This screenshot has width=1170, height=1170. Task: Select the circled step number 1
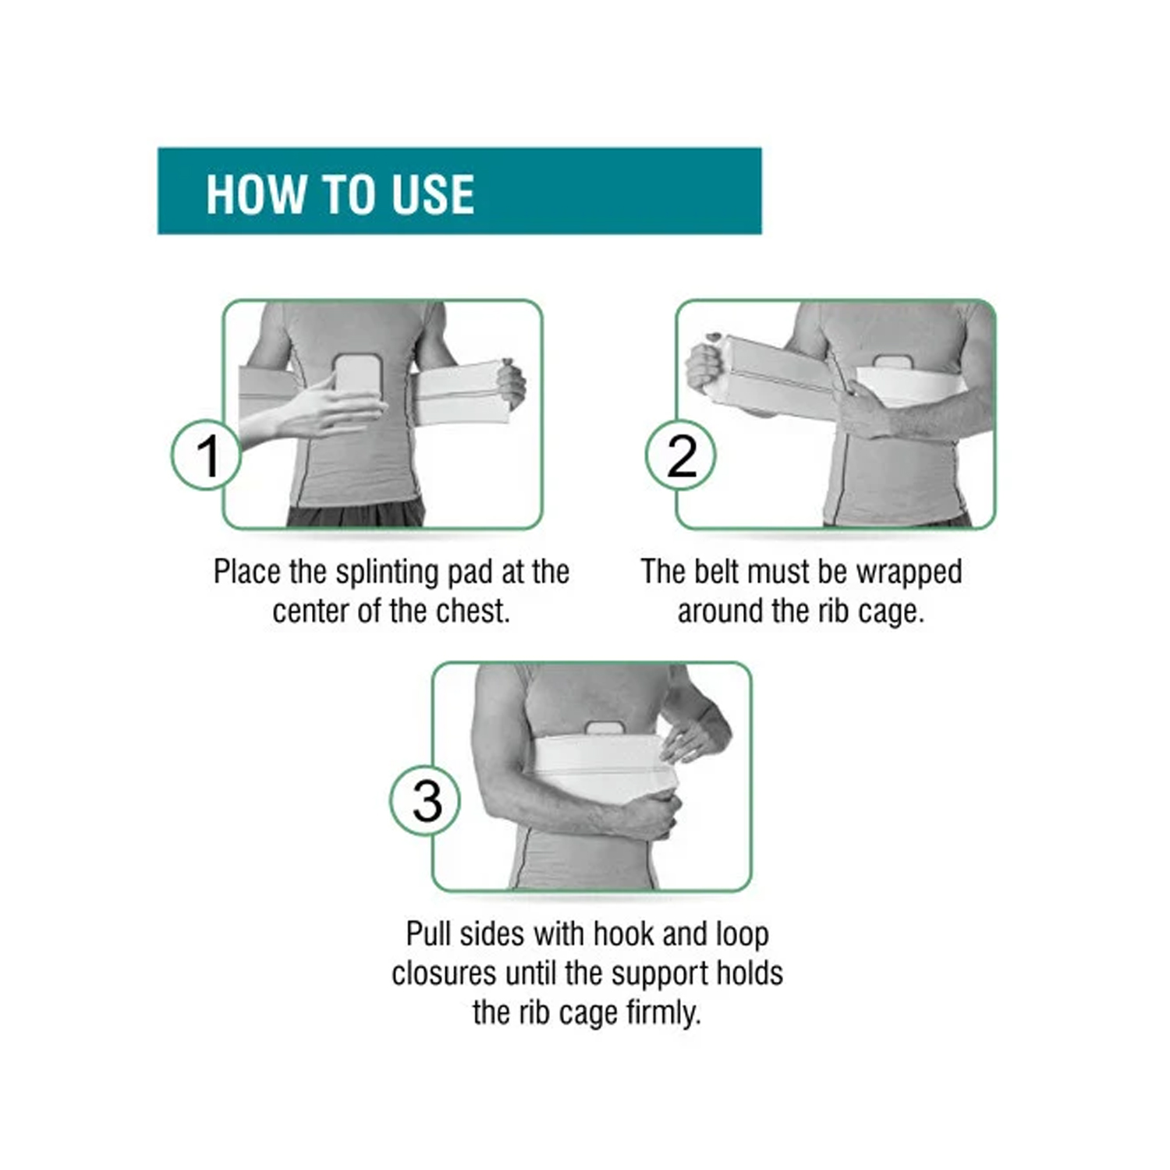point(206,456)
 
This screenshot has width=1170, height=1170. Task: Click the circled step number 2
point(680,456)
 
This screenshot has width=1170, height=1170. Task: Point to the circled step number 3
point(425,801)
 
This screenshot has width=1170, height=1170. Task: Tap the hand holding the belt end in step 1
point(510,383)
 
